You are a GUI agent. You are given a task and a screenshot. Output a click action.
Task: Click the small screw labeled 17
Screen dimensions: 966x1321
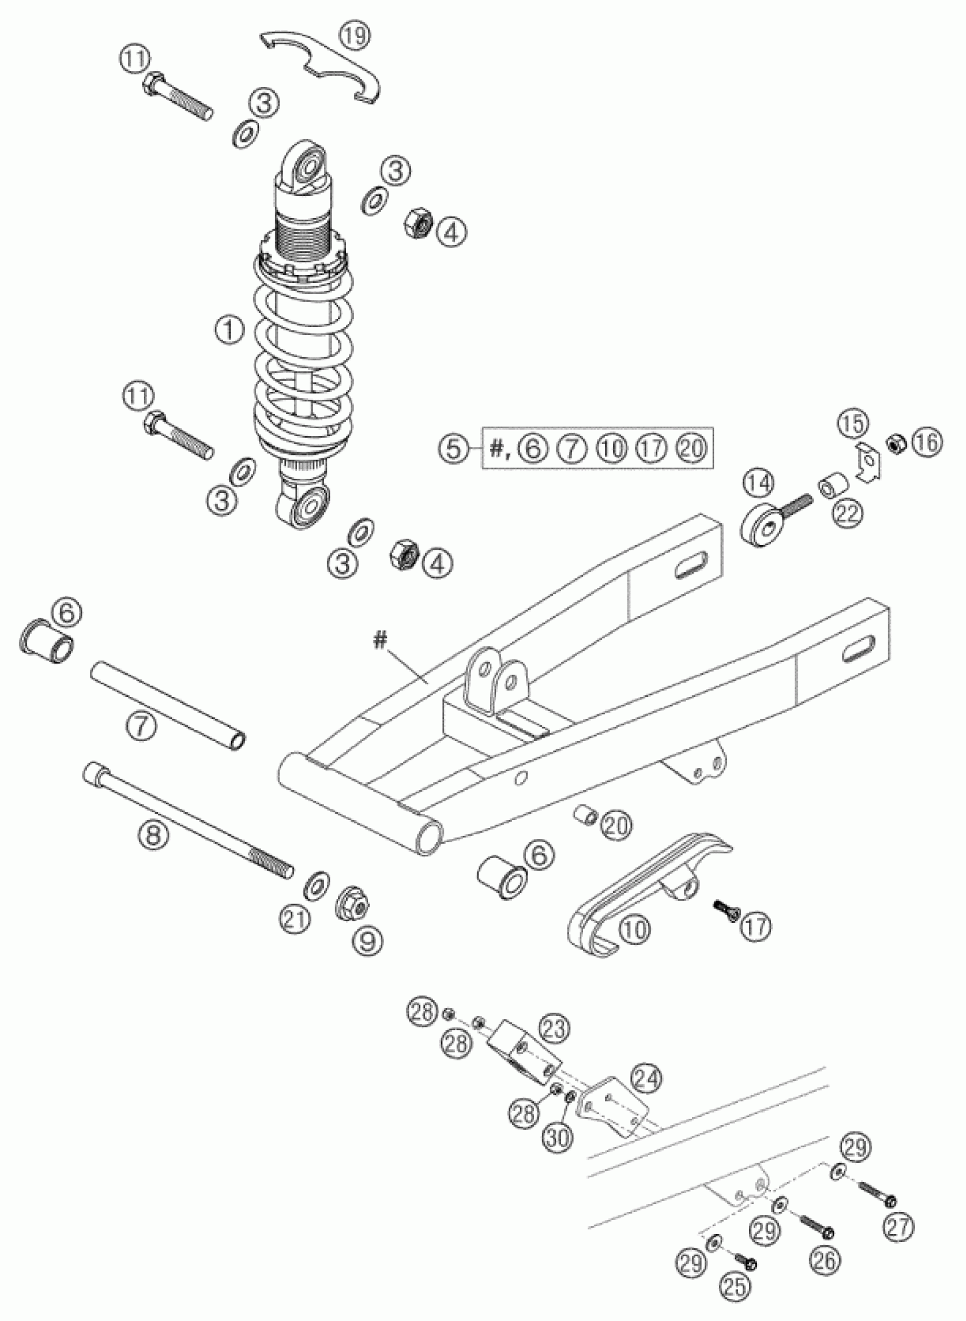(725, 908)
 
